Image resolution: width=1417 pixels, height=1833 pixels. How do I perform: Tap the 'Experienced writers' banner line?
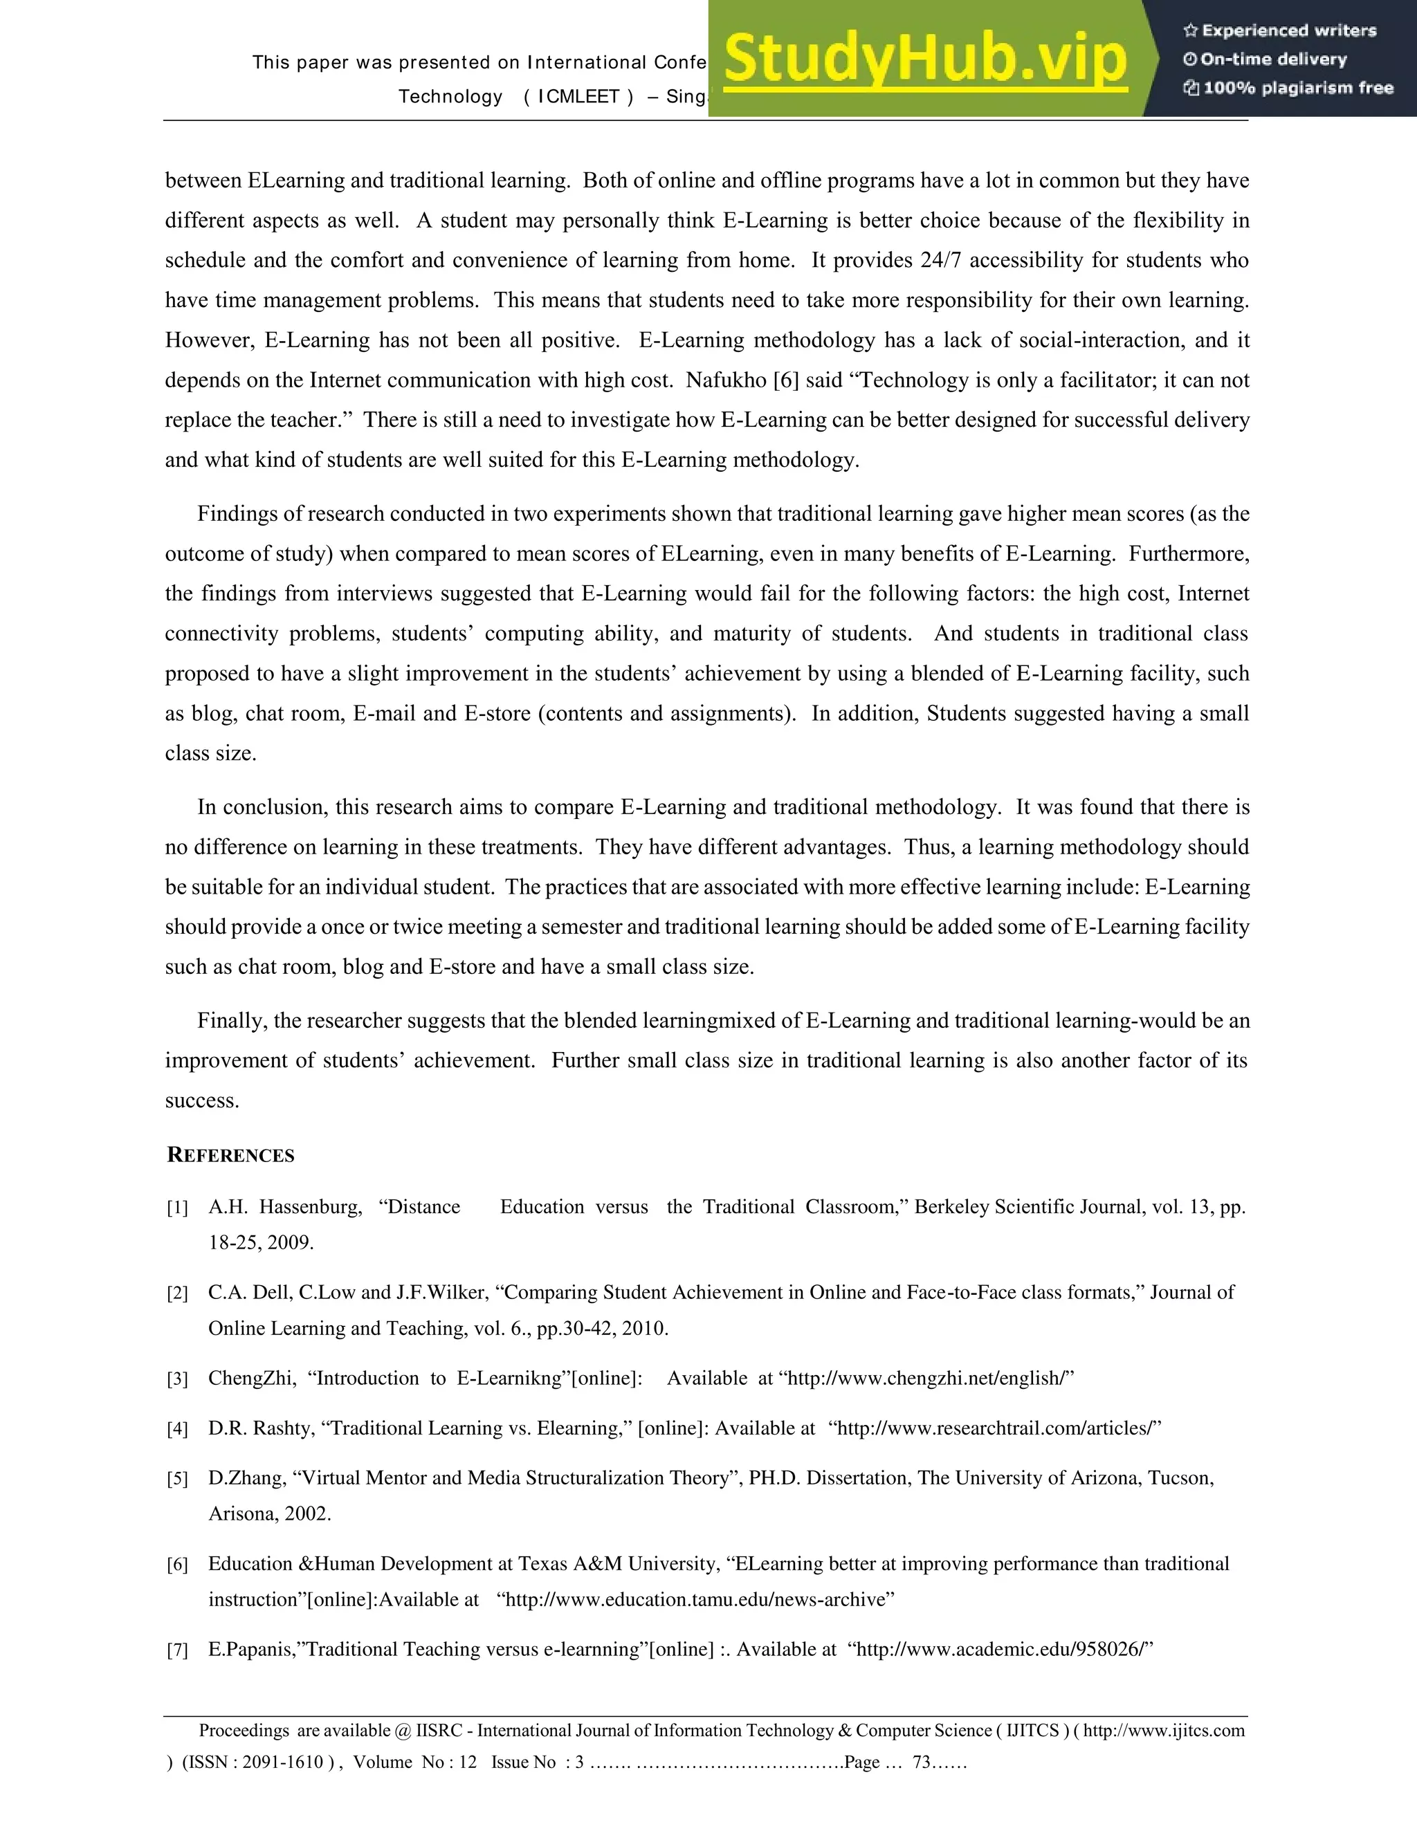click(1280, 31)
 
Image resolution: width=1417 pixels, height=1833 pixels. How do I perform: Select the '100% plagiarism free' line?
click(1288, 88)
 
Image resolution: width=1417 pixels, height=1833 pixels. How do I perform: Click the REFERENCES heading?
click(231, 1156)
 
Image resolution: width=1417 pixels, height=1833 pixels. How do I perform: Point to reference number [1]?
click(177, 1208)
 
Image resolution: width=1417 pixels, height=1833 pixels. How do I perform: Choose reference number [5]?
click(177, 1480)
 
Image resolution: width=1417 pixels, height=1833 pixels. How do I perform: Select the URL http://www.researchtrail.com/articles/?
click(995, 1428)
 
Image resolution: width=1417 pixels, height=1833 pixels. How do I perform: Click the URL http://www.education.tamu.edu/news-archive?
click(696, 1600)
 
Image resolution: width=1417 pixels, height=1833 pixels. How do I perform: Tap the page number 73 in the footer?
click(922, 1762)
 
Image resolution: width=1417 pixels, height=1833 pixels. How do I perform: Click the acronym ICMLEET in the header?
click(578, 97)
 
